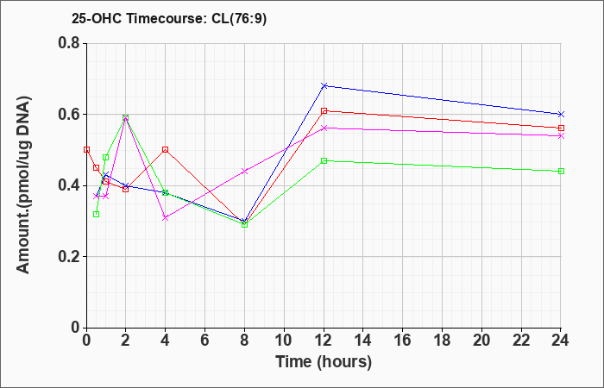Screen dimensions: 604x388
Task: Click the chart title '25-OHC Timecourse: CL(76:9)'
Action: pyautogui.click(x=169, y=18)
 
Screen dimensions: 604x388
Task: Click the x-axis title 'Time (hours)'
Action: pyautogui.click(x=324, y=362)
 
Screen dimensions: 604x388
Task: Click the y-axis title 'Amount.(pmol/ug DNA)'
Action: pyautogui.click(x=23, y=185)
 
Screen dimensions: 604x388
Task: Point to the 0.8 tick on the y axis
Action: pyautogui.click(x=69, y=43)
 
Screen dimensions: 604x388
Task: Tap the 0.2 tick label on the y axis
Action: pyautogui.click(x=69, y=256)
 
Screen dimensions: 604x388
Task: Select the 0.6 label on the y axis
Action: pyautogui.click(x=69, y=114)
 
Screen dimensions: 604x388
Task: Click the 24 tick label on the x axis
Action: pyautogui.click(x=561, y=341)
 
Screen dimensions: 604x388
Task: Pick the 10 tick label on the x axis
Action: pyautogui.click(x=284, y=341)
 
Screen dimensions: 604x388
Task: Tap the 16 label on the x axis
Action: pyautogui.click(x=403, y=341)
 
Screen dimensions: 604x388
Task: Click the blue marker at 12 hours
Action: pyautogui.click(x=324, y=85)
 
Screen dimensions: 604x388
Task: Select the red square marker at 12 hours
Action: pyautogui.click(x=324, y=111)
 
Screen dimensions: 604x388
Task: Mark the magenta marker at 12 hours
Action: pyautogui.click(x=324, y=128)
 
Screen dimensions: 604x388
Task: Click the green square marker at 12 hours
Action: pyautogui.click(x=324, y=160)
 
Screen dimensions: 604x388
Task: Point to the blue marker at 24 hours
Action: pyautogui.click(x=561, y=115)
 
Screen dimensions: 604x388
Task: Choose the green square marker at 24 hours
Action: pyautogui.click(x=561, y=171)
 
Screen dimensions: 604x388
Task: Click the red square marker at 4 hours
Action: pyautogui.click(x=166, y=149)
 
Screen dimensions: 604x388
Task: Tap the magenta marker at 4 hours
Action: pyautogui.click(x=166, y=217)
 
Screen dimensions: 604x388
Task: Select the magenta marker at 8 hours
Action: pyautogui.click(x=244, y=171)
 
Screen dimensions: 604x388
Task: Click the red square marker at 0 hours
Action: pyautogui.click(x=86, y=149)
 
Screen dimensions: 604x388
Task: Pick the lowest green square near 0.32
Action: pyautogui.click(x=97, y=214)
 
